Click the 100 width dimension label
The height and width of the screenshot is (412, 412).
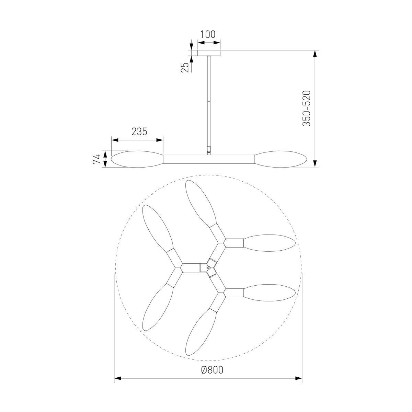[208, 34]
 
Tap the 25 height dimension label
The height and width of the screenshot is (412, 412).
[185, 68]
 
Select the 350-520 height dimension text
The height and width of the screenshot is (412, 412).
[306, 108]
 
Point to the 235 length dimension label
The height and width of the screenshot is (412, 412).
[139, 131]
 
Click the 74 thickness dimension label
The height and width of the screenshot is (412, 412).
[96, 159]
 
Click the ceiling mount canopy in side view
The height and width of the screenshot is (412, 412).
[209, 53]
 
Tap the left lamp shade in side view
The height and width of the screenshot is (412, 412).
[137, 159]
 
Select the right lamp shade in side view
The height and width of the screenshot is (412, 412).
[281, 159]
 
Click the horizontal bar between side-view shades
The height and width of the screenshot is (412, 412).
[209, 159]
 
